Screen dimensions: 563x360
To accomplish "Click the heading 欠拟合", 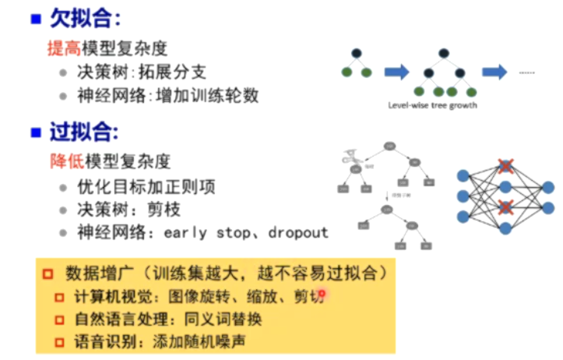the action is click(77, 17).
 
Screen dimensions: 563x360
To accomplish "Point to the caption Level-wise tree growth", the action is click(432, 105).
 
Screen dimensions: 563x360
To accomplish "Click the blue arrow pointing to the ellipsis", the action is click(494, 72).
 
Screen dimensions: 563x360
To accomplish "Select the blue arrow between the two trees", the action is click(396, 72).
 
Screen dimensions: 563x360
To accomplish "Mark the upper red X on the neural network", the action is click(506, 166).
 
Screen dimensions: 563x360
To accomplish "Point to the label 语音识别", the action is click(100, 341).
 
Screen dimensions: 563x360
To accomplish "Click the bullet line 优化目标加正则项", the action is click(146, 187).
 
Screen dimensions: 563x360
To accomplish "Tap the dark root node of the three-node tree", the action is click(356, 53).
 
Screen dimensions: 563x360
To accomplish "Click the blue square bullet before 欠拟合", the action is click(35, 18).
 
